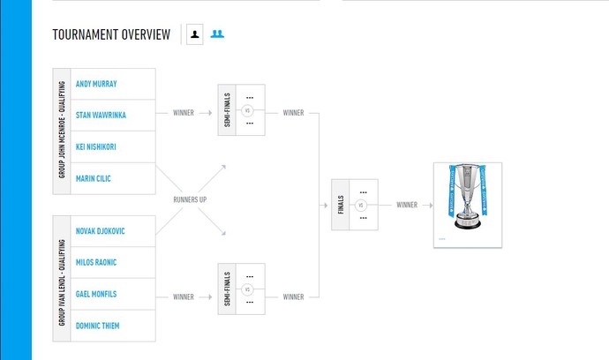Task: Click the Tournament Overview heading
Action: (111, 34)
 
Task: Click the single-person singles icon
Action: (194, 34)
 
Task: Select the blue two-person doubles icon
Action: (217, 34)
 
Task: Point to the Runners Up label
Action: (191, 199)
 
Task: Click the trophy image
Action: (467, 204)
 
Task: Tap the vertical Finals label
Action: (340, 205)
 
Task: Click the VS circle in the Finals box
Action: (360, 205)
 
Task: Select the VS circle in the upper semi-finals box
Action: (247, 110)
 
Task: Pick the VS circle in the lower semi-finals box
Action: (247, 289)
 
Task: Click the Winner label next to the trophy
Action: (407, 205)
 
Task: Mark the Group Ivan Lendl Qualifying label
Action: (63, 279)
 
